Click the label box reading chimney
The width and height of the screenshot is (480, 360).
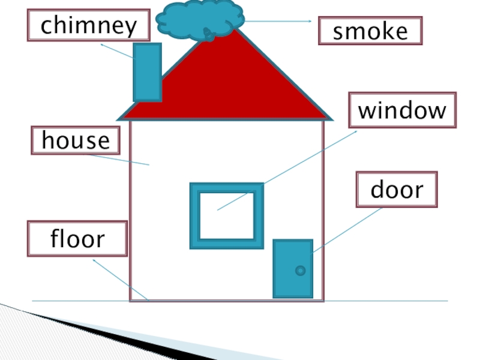[x=88, y=25]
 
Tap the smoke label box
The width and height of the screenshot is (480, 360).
[x=370, y=31]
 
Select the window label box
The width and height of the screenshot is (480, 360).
[x=402, y=110]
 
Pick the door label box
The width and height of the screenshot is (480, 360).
[x=397, y=190]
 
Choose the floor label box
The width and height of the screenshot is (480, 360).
[x=77, y=239]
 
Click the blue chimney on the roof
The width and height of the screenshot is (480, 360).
[x=147, y=71]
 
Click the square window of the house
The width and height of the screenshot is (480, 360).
[x=227, y=215]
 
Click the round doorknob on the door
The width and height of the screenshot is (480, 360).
[x=301, y=271]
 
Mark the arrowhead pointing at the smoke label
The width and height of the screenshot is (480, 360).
[x=310, y=22]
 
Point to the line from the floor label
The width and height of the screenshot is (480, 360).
[x=120, y=279]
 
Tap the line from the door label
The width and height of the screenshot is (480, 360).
[x=348, y=229]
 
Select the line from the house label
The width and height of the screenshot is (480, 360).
[x=120, y=160]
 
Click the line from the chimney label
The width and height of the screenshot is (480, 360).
[x=117, y=51]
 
